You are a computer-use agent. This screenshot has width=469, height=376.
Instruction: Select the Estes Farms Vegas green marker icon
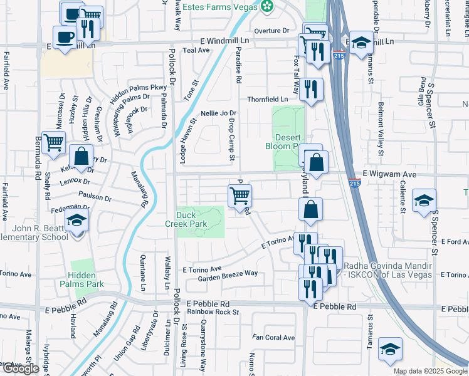coord(268,6)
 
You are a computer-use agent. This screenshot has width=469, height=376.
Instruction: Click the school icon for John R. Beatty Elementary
coord(76,221)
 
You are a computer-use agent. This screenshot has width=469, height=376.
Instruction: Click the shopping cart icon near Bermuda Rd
coord(55,144)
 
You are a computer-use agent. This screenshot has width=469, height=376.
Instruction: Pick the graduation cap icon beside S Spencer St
coord(424,201)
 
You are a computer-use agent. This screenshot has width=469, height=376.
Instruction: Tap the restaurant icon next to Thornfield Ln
coord(310,89)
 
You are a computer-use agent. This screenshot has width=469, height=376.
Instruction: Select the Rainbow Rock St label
coord(209,311)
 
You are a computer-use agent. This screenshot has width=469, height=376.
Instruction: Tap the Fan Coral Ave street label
coord(273,338)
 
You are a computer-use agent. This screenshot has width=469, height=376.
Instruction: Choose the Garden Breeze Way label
coord(228,274)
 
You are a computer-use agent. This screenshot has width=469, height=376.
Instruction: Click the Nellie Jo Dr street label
coord(218,113)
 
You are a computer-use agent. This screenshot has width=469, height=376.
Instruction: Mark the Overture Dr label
coord(271,31)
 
